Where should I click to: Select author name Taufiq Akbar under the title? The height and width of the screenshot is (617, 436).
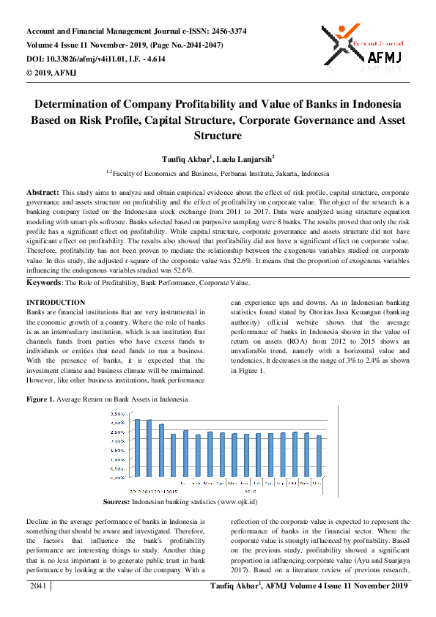pyautogui.click(x=186, y=158)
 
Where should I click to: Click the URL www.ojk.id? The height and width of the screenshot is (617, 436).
pyautogui.click(x=232, y=502)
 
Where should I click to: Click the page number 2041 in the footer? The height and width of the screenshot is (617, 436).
pyautogui.click(x=38, y=586)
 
